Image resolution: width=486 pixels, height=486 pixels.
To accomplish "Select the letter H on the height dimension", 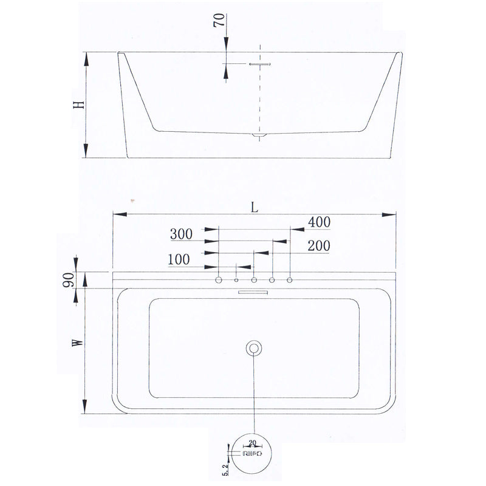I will [78, 104].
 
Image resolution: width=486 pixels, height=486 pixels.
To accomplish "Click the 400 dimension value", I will [319, 222].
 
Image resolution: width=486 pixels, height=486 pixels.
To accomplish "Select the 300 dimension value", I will [181, 234].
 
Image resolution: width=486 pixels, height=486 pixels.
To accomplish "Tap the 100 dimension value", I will [179, 259].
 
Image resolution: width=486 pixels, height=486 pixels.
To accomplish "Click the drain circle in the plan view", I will [254, 348].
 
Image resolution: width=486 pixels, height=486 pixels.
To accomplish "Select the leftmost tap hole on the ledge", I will [218, 279].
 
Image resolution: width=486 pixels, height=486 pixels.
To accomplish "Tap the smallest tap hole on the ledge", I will [236, 279].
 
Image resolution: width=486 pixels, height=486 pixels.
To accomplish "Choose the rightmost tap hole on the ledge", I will [290, 279].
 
